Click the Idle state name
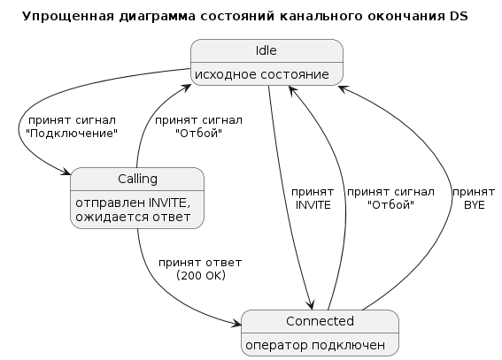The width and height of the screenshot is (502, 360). [x=266, y=50]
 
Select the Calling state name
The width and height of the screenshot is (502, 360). [x=137, y=179]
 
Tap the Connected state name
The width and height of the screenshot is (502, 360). [x=320, y=321]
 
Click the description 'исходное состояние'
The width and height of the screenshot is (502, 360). [x=262, y=74]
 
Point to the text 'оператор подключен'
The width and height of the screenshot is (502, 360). [x=315, y=345]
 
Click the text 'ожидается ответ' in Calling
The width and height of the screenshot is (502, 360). [x=133, y=217]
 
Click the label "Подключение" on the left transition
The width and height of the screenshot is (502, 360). [x=72, y=134]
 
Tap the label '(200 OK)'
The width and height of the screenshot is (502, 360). [x=201, y=275]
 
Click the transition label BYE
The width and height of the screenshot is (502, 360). [x=475, y=205]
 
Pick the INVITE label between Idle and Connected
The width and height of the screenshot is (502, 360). [x=313, y=205]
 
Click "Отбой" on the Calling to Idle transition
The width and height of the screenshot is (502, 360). [x=199, y=134]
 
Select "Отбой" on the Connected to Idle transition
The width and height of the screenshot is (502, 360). [x=391, y=205]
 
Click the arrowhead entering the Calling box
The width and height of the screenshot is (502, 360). [x=66, y=172]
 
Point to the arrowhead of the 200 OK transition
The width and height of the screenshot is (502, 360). [x=237, y=324]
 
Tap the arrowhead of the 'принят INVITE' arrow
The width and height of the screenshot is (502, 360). [x=311, y=305]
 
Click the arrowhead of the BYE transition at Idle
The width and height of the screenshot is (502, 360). [x=343, y=88]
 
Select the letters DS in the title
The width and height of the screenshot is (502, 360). [x=459, y=16]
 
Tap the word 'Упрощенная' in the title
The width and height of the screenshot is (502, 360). [x=68, y=16]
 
